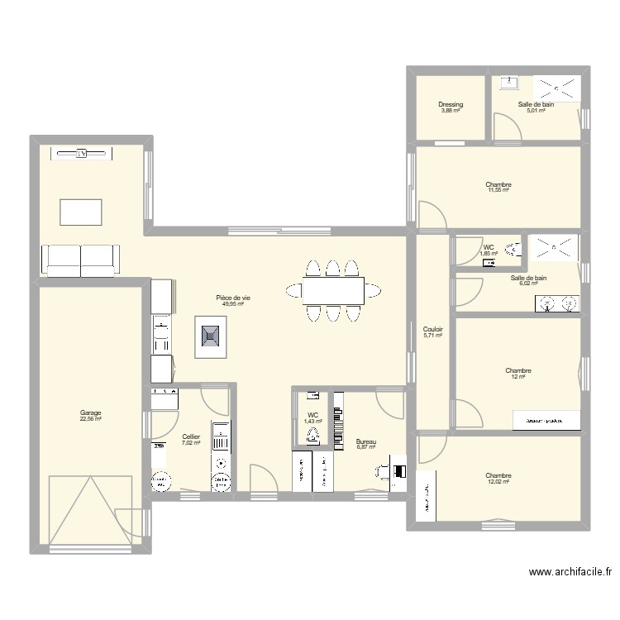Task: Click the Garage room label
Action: click(x=90, y=413)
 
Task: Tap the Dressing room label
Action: click(x=451, y=105)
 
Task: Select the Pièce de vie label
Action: click(x=232, y=298)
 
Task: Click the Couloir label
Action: click(x=432, y=329)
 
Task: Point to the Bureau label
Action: click(x=365, y=442)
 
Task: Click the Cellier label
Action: click(x=191, y=436)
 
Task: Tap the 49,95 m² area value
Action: click(x=232, y=303)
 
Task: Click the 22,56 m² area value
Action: click(x=90, y=419)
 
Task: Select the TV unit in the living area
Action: click(x=81, y=154)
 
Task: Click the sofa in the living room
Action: click(x=80, y=260)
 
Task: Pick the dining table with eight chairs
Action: click(x=332, y=290)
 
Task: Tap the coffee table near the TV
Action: click(x=80, y=212)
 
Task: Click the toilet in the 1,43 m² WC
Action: click(x=312, y=436)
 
